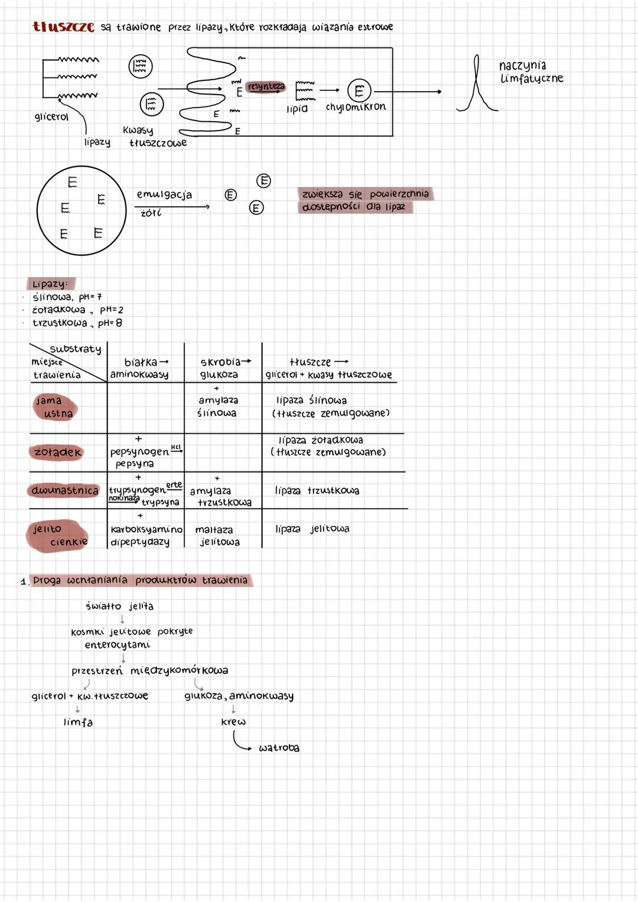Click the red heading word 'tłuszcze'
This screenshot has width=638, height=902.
(x=63, y=27)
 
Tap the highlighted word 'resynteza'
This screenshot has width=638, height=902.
(x=266, y=87)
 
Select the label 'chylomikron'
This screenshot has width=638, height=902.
(x=356, y=108)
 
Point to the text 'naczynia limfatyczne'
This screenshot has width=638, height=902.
(x=530, y=71)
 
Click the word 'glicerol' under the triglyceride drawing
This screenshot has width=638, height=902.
(x=51, y=117)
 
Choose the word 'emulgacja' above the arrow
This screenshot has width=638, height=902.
(x=164, y=194)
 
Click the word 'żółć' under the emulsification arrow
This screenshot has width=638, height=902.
(x=151, y=213)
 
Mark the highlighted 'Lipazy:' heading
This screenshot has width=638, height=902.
(x=50, y=284)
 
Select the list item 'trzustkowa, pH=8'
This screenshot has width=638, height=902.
(x=77, y=323)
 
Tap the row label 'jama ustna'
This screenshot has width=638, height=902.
(x=54, y=407)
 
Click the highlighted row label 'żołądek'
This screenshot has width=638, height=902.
(x=57, y=452)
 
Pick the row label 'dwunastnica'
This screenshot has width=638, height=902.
(x=64, y=490)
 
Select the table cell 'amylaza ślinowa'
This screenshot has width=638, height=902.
(x=217, y=406)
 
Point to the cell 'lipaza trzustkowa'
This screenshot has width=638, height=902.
(x=317, y=490)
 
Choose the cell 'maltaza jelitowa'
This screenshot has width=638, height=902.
(x=216, y=536)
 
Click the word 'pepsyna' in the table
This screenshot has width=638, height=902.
(x=135, y=464)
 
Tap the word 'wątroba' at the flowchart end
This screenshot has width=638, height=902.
(x=279, y=748)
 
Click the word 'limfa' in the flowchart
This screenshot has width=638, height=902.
(x=78, y=722)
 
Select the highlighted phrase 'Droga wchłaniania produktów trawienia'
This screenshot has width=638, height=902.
(x=141, y=580)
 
